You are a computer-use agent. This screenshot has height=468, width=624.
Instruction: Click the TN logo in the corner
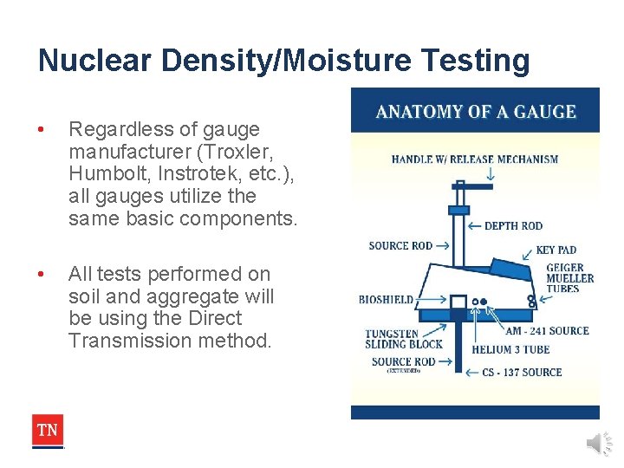48,431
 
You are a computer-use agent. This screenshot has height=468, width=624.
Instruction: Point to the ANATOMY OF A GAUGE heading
475,112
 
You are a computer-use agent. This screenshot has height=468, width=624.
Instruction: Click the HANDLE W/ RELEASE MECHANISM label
475,159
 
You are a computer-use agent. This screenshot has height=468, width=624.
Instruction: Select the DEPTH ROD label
513,226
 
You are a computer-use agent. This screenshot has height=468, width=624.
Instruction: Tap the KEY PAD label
556,250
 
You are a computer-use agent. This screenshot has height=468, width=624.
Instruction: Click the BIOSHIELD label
386,300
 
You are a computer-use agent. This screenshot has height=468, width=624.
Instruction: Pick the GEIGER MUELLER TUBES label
569,278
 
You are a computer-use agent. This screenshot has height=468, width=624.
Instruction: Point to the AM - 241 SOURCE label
548,330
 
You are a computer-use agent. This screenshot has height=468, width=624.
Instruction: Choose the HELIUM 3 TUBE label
510,350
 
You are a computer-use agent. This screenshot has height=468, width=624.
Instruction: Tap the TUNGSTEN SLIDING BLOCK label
403,339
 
